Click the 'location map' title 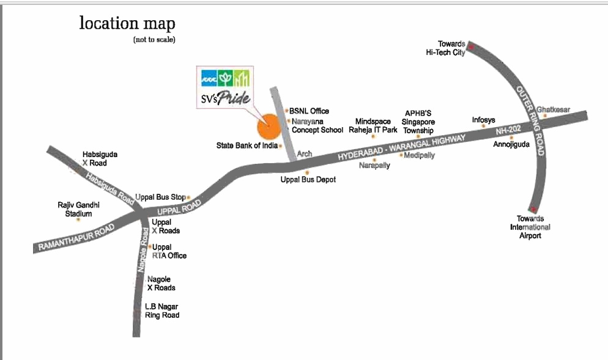(x=127, y=24)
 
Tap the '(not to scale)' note (x=154, y=40)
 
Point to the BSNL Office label (x=309, y=111)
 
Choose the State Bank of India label (x=247, y=145)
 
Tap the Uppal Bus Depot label (x=308, y=180)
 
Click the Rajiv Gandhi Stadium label (x=78, y=209)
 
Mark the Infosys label (x=483, y=120)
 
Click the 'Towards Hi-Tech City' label (x=446, y=48)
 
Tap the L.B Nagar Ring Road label (x=162, y=310)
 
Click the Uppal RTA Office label (x=169, y=251)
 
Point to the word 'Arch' (x=305, y=155)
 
